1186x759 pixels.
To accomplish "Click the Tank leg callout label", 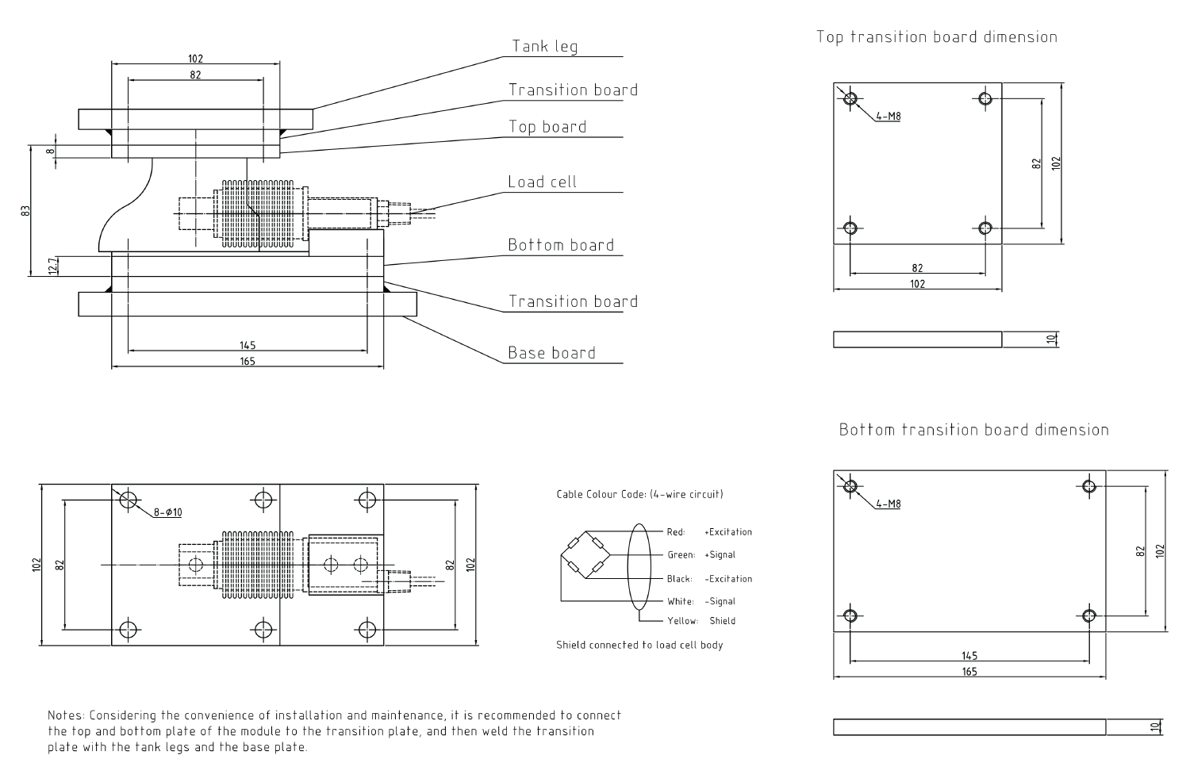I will tap(544, 46).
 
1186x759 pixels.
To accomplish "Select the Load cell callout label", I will tap(542, 182).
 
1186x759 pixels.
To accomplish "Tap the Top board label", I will tap(547, 127).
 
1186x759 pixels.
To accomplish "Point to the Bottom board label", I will tap(561, 245).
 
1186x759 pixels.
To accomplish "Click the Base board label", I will tap(551, 353).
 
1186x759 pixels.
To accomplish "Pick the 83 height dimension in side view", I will tap(25, 211).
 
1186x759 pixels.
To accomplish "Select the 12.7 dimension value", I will tap(52, 266).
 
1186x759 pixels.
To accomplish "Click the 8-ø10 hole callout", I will tap(168, 512).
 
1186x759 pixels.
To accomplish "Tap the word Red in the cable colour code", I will tap(675, 532).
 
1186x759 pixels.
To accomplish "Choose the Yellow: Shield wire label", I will tap(700, 621).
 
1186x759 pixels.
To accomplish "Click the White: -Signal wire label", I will tap(700, 601).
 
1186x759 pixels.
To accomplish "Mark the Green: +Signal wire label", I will tap(700, 555).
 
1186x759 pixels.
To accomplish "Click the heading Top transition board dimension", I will tap(936, 37).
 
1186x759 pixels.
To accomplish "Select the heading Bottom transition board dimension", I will tap(973, 430).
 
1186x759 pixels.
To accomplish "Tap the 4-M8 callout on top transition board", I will tap(889, 117).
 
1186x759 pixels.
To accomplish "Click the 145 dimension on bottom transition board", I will tap(969, 656).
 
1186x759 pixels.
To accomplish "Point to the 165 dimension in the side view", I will tap(248, 362).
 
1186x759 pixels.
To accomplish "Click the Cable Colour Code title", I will tap(639, 495).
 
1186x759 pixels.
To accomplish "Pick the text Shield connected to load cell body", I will tap(639, 645).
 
